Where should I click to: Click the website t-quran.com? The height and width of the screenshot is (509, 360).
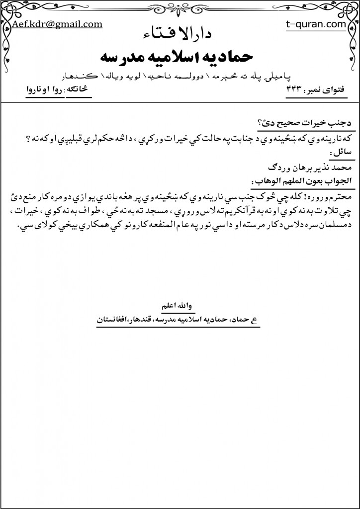316,23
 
